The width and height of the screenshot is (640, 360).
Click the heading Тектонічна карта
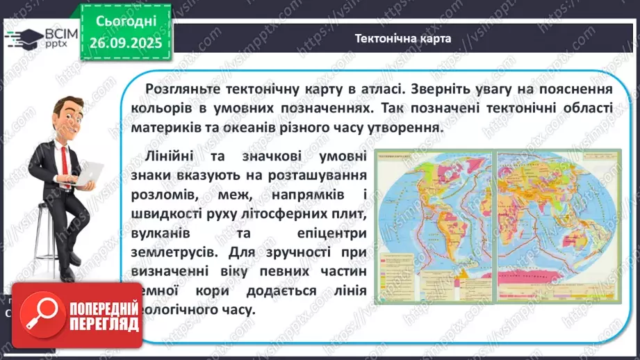(x=403, y=38)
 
